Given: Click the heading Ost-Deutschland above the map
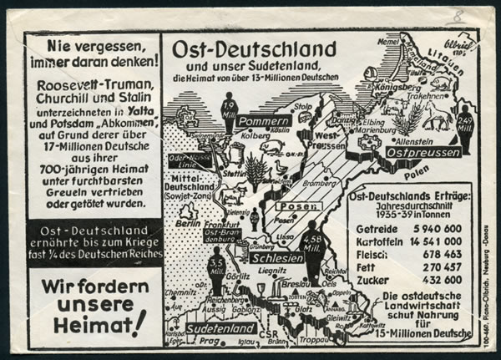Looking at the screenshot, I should tap(253, 48).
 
